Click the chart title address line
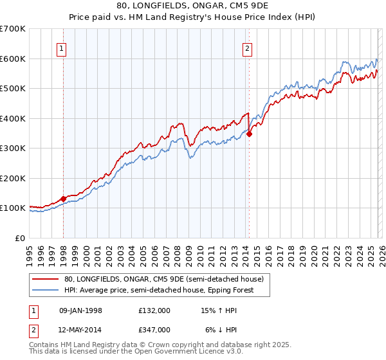click(193, 6)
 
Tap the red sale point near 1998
click(63, 199)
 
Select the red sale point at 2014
click(249, 134)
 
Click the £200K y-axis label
click(13, 178)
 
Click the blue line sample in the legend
click(45, 290)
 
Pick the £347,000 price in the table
click(154, 330)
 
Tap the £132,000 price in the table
click(154, 310)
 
